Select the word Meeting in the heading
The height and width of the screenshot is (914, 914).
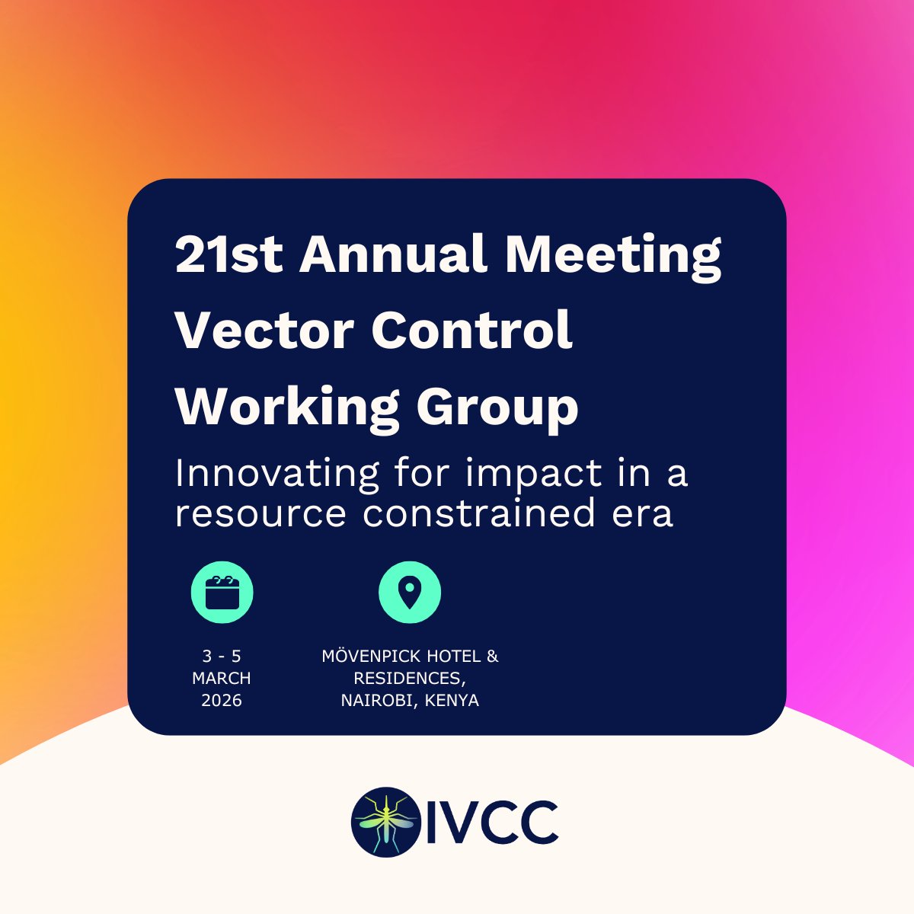coord(614,255)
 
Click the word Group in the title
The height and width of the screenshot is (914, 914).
coord(497,408)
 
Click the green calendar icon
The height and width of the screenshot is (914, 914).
coord(222,593)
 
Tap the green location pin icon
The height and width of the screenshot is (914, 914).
coord(410,593)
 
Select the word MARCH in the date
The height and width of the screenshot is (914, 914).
coord(222,678)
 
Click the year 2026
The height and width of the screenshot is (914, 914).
coord(222,700)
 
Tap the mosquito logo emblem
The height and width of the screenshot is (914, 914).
coord(386,820)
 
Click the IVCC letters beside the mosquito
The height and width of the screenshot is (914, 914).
coord(492,821)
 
